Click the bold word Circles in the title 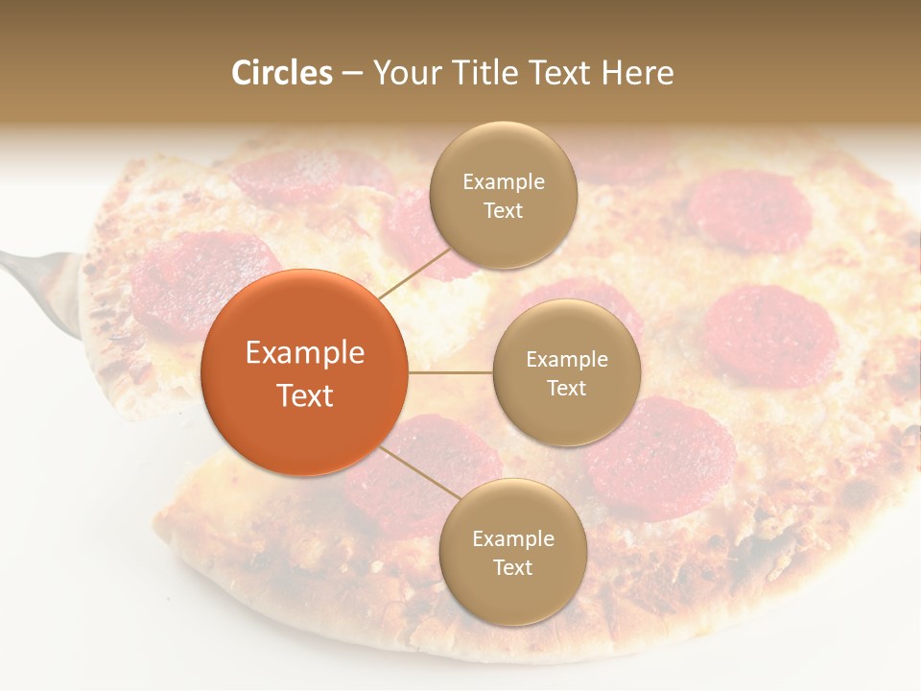[x=282, y=73]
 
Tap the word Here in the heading [x=637, y=73]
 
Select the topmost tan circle [x=503, y=195]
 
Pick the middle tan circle [x=566, y=372]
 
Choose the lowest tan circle [x=512, y=552]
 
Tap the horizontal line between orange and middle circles [x=451, y=372]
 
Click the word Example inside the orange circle [x=305, y=353]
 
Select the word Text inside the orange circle [x=305, y=394]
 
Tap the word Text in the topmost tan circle [x=503, y=210]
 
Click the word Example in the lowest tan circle [x=512, y=538]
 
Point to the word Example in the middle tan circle [x=566, y=359]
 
